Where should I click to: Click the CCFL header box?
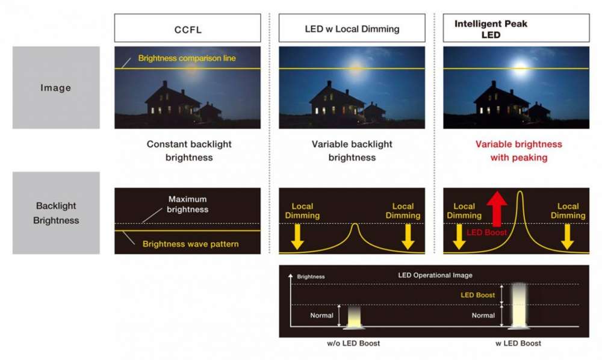[x=187, y=28]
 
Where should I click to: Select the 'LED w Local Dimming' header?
[x=352, y=28]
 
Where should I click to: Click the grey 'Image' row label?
[x=56, y=88]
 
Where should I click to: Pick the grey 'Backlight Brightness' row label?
[x=56, y=213]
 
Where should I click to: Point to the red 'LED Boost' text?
[x=487, y=232]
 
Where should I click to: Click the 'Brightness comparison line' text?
[x=187, y=58]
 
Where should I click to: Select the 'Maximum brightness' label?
[x=188, y=204]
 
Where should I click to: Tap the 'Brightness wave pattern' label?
[x=191, y=244]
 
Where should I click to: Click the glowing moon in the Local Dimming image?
[x=355, y=67]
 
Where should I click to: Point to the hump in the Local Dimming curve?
[x=355, y=227]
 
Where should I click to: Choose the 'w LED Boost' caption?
[x=518, y=343]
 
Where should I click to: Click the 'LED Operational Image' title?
[x=435, y=275]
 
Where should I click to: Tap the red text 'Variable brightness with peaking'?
[x=518, y=151]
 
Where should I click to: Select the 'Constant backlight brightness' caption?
[x=189, y=151]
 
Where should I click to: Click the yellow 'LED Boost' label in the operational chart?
[x=477, y=295]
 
